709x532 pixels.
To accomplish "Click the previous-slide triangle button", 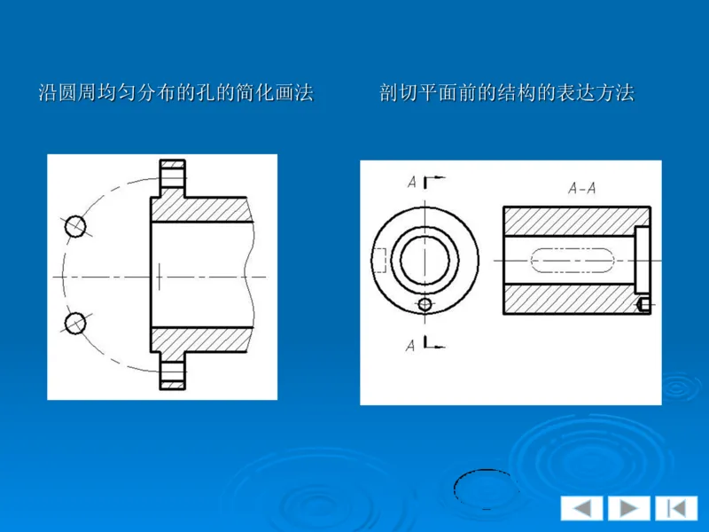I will point(581,508).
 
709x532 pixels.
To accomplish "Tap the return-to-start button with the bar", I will point(676,508).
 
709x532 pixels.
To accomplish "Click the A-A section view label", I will point(581,188).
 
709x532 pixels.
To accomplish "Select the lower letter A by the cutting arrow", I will point(411,346).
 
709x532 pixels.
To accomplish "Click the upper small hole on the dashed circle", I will point(75,226).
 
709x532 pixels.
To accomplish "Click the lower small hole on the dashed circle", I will point(75,321).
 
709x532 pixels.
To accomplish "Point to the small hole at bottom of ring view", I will point(425,304).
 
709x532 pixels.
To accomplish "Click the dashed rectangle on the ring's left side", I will point(378,261).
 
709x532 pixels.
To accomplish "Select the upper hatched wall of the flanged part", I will point(199,209).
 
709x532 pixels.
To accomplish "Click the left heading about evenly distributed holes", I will point(175,92).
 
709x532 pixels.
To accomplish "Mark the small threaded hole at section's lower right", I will point(643,304).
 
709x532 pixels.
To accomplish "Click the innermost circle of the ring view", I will point(425,260).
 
